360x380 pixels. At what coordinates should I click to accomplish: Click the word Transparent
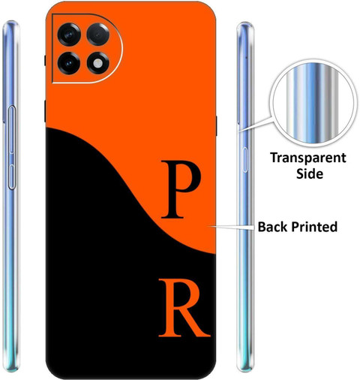[x=308, y=158]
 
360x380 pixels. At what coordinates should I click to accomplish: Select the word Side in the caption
[x=310, y=173]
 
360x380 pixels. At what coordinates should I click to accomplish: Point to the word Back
[x=273, y=227]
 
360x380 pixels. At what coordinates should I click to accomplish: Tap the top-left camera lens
[x=69, y=35]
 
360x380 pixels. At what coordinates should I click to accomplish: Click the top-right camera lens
[x=98, y=35]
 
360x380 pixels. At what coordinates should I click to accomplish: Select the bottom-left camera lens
[x=69, y=63]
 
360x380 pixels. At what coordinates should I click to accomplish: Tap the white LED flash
[x=98, y=63]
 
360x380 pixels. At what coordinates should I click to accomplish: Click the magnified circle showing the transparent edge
[x=313, y=103]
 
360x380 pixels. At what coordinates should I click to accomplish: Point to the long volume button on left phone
[x=12, y=129]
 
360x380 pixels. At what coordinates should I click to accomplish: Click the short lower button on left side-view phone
[x=12, y=176]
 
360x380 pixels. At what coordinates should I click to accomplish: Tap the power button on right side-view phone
[x=245, y=160]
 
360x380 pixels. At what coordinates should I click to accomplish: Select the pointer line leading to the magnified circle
[x=255, y=124]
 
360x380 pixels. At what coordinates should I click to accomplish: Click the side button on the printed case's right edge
[x=216, y=125]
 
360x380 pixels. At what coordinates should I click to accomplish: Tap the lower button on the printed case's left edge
[x=45, y=111]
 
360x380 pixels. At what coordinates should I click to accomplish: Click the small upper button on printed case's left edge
[x=45, y=60]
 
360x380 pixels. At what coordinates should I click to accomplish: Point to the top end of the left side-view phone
[x=10, y=22]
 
